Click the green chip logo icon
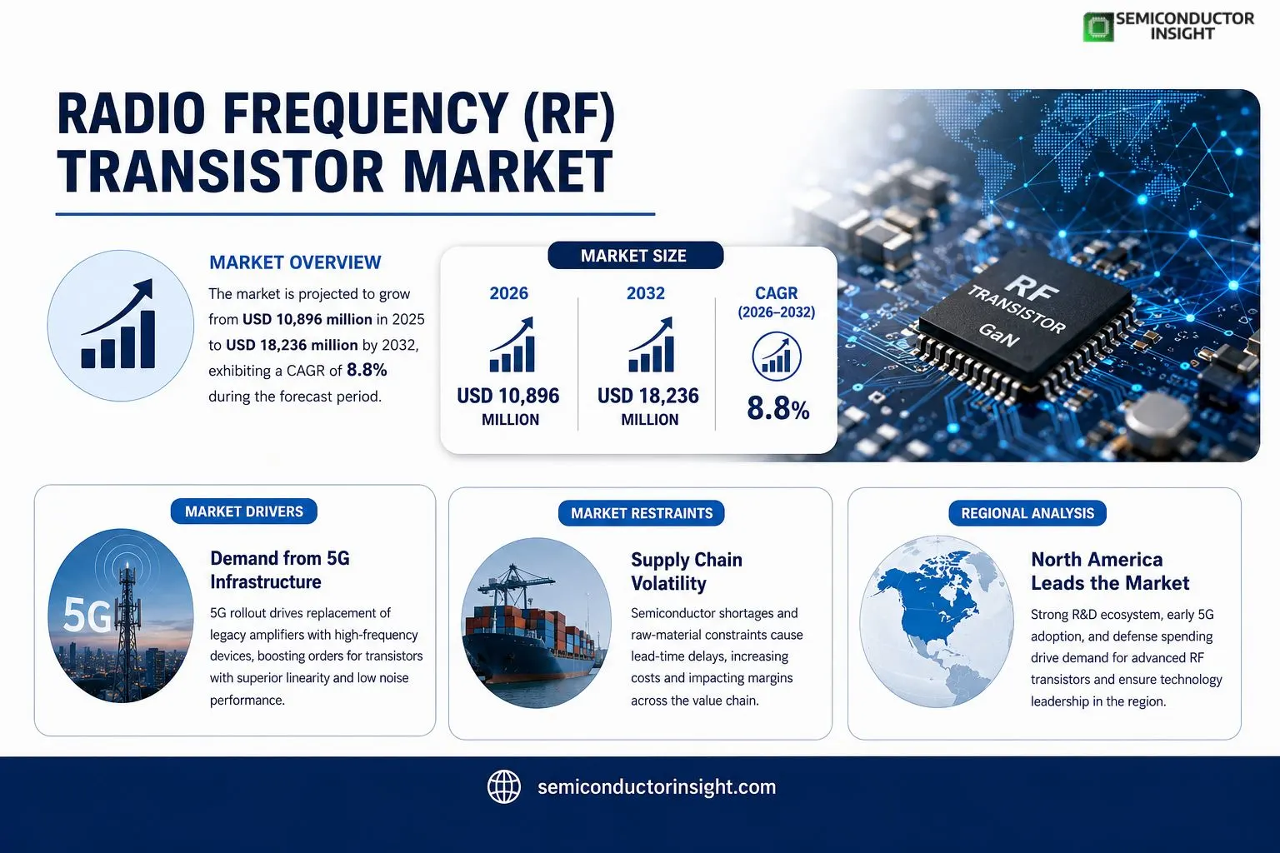pyautogui.click(x=1097, y=27)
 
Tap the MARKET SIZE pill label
pyautogui.click(x=635, y=256)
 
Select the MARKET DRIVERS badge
pyautogui.click(x=244, y=511)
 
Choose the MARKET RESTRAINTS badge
pyautogui.click(x=641, y=513)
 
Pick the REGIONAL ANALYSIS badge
pyautogui.click(x=1027, y=513)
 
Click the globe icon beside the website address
pyautogui.click(x=504, y=786)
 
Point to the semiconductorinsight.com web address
pyautogui.click(x=657, y=786)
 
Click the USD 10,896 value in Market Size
pyautogui.click(x=508, y=396)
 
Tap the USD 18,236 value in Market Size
pyautogui.click(x=648, y=396)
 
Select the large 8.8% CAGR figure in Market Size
pyautogui.click(x=777, y=408)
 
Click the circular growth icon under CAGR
pyautogui.click(x=777, y=357)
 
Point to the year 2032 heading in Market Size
pyautogui.click(x=646, y=293)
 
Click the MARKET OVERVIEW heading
pyautogui.click(x=295, y=262)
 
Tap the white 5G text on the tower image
pyautogui.click(x=87, y=616)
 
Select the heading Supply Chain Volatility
pyautogui.click(x=687, y=571)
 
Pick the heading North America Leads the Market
pyautogui.click(x=1110, y=571)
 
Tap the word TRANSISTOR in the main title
pyautogui.click(x=221, y=172)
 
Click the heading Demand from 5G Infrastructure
pyautogui.click(x=279, y=570)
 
